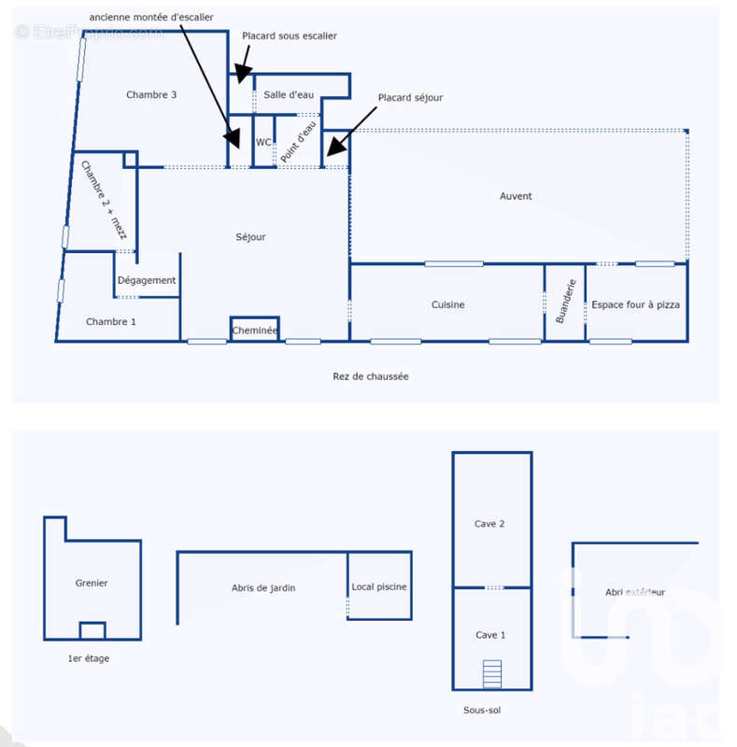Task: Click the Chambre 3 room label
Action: click(151, 95)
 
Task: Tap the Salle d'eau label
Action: click(289, 95)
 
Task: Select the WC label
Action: click(263, 142)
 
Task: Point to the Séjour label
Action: click(250, 237)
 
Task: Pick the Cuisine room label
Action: click(447, 304)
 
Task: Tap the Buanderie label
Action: click(566, 301)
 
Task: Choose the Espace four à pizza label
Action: click(635, 304)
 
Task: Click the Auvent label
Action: click(516, 196)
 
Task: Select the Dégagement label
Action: click(147, 281)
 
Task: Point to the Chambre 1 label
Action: click(110, 321)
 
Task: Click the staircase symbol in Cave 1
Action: click(492, 673)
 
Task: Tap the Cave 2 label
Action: click(489, 524)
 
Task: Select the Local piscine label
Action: click(379, 587)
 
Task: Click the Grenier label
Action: click(91, 583)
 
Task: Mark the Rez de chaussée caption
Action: click(371, 376)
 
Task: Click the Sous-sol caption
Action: click(482, 711)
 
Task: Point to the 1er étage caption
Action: click(88, 658)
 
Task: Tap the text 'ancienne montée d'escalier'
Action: click(151, 17)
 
